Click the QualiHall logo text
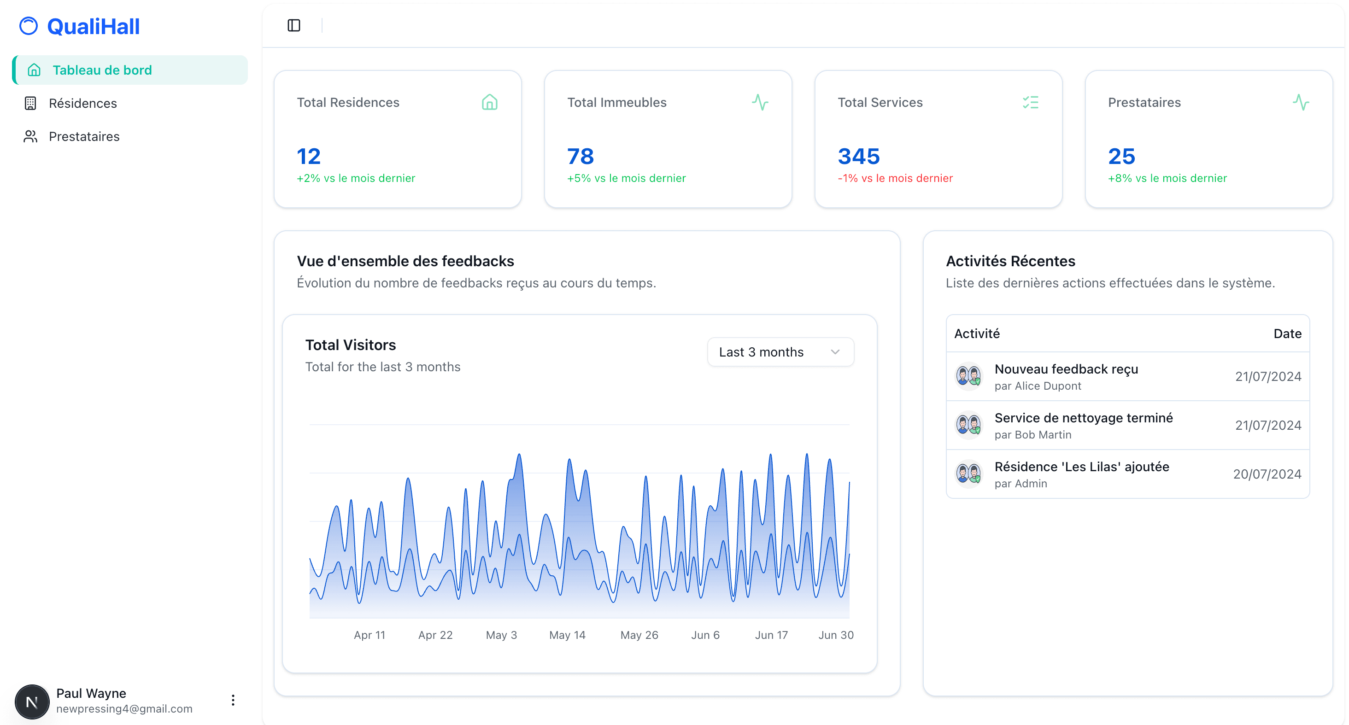(x=93, y=26)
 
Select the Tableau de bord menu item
(x=102, y=70)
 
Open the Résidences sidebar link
(x=83, y=103)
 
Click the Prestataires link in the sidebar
(x=84, y=137)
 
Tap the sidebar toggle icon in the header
(x=294, y=25)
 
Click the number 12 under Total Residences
(x=308, y=156)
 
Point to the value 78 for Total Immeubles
(x=580, y=156)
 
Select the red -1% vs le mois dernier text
(x=895, y=179)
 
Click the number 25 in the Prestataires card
(x=1121, y=156)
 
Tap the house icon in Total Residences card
(x=489, y=102)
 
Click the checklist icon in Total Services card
(x=1030, y=102)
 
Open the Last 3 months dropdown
(x=780, y=352)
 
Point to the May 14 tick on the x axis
(x=567, y=635)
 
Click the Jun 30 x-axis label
(x=836, y=635)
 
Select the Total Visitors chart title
(x=350, y=345)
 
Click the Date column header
(x=1287, y=333)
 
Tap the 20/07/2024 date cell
(x=1267, y=474)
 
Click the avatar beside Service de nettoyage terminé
(x=968, y=425)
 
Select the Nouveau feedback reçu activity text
(x=1066, y=369)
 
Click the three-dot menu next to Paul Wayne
(x=233, y=701)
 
